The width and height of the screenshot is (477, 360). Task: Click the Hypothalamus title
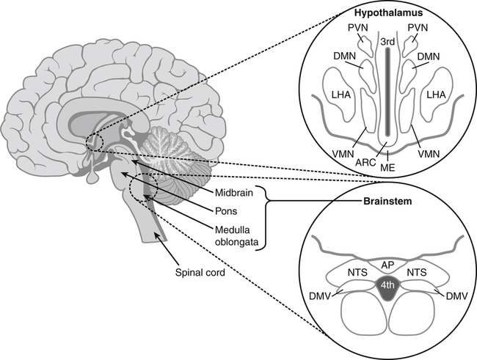[x=384, y=12]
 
